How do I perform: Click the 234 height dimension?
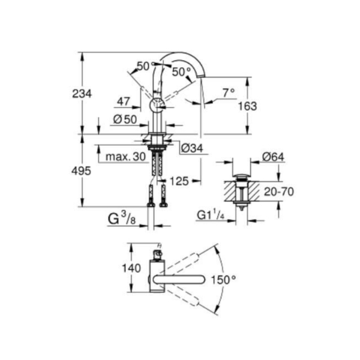click(82, 94)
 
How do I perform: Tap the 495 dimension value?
click(81, 171)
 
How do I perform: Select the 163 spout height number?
click(247, 106)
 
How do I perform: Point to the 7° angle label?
click(229, 93)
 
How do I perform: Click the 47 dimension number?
click(124, 101)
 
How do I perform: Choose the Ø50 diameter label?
click(125, 119)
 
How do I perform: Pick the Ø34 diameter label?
click(192, 148)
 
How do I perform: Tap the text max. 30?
click(125, 157)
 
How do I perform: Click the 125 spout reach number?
click(179, 181)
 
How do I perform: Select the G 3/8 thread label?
click(122, 218)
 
